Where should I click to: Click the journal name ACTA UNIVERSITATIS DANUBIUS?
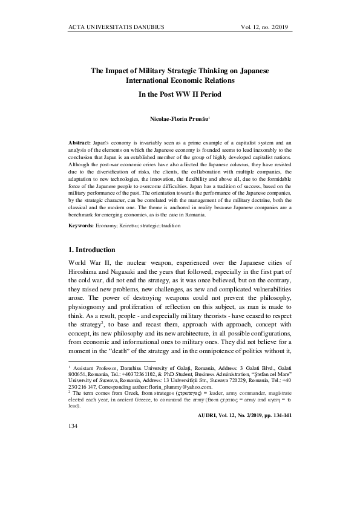[x=117, y=27]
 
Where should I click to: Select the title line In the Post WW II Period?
[x=180, y=94]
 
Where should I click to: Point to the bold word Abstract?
[x=82, y=141]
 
